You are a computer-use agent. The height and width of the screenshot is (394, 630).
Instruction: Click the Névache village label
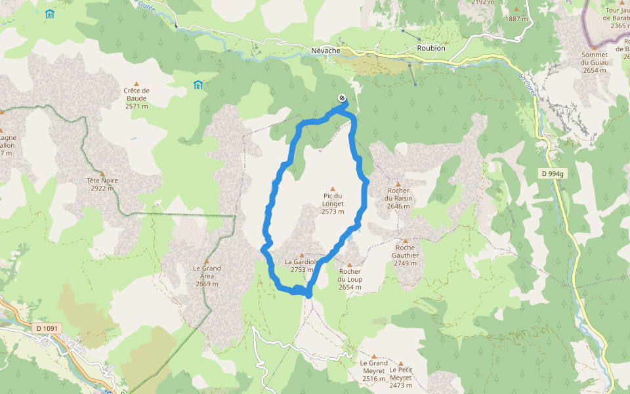(x=325, y=51)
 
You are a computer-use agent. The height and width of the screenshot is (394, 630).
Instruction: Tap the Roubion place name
(x=430, y=48)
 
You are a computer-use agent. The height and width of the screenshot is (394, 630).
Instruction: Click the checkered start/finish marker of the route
(x=342, y=98)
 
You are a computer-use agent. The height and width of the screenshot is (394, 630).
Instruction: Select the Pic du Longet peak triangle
(x=333, y=188)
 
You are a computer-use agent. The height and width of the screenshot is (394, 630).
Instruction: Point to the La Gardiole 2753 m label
(x=301, y=265)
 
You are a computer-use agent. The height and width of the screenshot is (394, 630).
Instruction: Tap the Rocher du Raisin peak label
(x=398, y=198)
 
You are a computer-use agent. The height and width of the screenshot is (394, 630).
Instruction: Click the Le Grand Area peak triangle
(x=207, y=261)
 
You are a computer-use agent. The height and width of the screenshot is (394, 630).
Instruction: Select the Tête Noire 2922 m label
(x=102, y=184)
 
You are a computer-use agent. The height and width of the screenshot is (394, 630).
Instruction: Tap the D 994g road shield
(x=554, y=173)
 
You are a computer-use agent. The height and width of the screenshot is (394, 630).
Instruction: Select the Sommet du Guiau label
(x=595, y=62)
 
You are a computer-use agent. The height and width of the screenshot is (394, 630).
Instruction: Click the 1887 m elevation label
(x=516, y=19)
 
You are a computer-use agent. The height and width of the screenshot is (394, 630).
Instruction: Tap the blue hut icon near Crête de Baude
(x=198, y=85)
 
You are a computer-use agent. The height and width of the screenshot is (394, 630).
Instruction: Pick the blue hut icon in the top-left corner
(x=50, y=13)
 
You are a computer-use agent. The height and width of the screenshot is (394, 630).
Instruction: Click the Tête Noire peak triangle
(x=102, y=174)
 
